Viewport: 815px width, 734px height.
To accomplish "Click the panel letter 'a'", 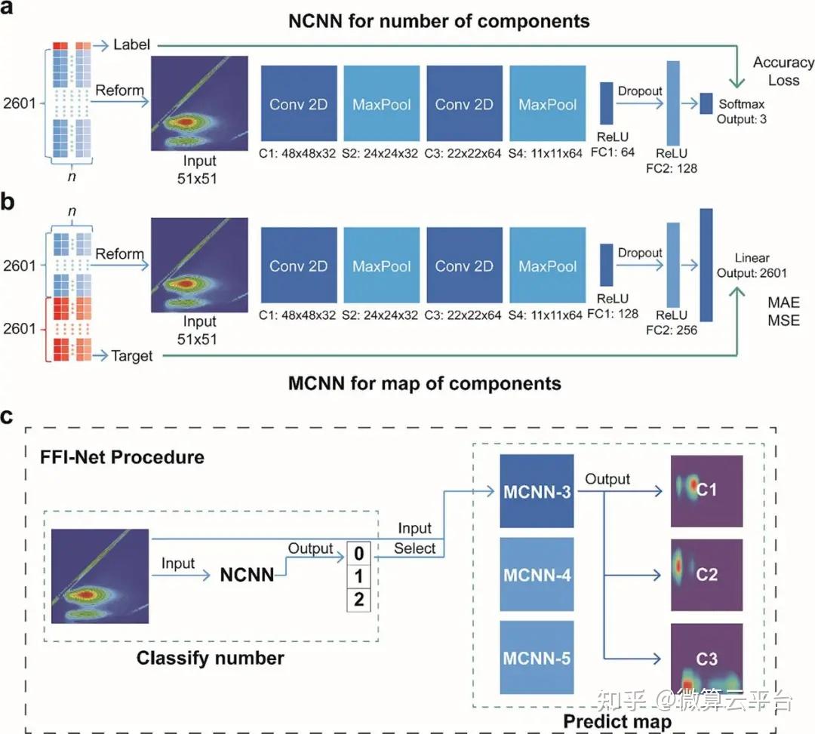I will tap(11, 11).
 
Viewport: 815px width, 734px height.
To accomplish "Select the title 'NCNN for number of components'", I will tap(438, 21).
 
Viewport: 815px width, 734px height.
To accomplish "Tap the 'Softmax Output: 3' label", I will tap(743, 111).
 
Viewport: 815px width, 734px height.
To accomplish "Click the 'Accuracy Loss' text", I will tap(783, 71).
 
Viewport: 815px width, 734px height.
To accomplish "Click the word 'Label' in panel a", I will tap(132, 45).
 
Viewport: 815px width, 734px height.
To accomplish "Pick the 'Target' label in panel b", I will tap(132, 356).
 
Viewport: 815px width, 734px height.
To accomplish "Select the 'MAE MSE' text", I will tap(784, 312).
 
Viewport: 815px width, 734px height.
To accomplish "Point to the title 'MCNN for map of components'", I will tap(424, 383).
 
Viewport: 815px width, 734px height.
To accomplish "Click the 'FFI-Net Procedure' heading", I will tap(121, 457).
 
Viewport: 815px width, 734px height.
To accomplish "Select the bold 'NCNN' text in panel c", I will tap(247, 576).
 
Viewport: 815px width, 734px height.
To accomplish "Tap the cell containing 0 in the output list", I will tap(359, 554).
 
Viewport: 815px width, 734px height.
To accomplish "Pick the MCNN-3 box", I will tap(537, 493).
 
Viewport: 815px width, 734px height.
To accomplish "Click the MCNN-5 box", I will tap(537, 658).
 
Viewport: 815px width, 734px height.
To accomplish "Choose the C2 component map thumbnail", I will tap(706, 575).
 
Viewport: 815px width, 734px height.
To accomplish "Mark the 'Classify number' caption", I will tap(210, 658).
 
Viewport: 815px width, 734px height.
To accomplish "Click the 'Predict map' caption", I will tap(617, 721).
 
